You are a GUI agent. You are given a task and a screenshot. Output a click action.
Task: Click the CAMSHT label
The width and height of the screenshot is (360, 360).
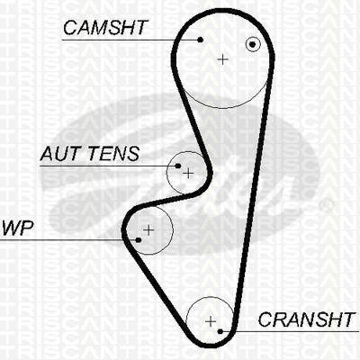105,28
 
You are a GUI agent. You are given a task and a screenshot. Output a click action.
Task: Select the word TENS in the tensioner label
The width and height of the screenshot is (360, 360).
114,154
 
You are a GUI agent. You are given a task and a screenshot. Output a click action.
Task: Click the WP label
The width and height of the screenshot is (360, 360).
17,229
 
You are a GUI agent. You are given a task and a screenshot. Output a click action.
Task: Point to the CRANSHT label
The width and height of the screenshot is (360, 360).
306,319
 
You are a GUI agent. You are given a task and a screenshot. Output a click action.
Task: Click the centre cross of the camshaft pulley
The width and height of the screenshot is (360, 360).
222,59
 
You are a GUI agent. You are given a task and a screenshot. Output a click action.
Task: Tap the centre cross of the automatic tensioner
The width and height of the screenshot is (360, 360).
188,174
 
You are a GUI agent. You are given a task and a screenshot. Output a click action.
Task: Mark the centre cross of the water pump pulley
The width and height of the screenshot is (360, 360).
148,230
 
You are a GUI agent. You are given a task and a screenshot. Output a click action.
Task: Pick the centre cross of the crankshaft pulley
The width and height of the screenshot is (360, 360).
211,321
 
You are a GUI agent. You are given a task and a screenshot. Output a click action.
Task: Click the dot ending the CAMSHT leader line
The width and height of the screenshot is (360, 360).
201,40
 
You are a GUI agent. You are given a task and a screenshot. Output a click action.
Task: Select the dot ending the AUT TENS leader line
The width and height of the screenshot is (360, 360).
178,166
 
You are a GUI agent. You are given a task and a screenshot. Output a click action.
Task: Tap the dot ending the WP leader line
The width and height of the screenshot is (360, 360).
139,240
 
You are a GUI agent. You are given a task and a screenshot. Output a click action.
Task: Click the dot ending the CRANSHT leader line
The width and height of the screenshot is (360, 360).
220,331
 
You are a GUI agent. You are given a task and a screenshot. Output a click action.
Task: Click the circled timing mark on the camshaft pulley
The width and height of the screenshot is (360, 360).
253,44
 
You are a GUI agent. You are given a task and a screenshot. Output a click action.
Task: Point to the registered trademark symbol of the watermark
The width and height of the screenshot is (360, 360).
327,205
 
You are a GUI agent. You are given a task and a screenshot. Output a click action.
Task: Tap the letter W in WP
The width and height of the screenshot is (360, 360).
12,229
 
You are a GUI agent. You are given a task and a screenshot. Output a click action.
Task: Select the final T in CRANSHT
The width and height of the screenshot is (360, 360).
348,319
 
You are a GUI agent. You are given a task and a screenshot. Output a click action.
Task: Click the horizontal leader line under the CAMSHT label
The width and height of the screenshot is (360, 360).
131,40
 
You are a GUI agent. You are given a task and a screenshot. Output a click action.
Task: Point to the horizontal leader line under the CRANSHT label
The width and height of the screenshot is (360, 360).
290,331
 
